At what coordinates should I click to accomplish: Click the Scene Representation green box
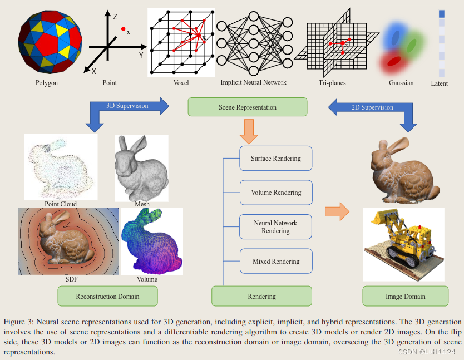[248, 107]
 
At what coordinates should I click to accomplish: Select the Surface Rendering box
[275, 159]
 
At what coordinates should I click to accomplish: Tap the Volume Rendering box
[275, 193]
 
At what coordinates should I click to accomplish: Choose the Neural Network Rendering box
[275, 227]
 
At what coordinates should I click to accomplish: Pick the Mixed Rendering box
[275, 261]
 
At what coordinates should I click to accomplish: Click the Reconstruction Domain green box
[107, 296]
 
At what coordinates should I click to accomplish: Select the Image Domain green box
[405, 296]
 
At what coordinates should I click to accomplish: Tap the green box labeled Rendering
[261, 296]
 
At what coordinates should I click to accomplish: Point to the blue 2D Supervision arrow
[373, 108]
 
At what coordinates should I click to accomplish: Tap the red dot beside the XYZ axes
[123, 28]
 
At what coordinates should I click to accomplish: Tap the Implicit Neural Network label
[253, 82]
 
